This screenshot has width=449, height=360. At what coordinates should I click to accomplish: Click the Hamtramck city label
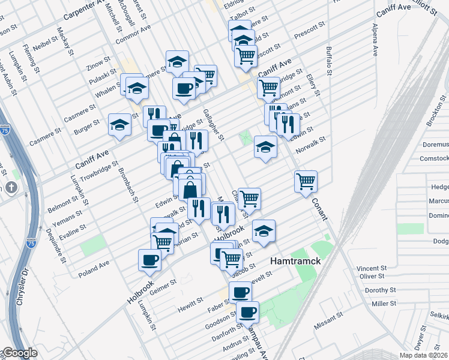coord(296,262)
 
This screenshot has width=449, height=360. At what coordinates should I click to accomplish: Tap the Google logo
coord(19,353)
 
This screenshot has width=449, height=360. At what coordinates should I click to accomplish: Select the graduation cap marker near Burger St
coord(119,125)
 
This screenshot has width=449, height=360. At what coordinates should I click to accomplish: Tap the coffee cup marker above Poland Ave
coord(149,259)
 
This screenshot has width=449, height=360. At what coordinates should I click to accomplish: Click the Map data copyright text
coord(424,355)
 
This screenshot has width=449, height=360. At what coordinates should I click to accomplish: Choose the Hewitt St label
coord(191,307)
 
